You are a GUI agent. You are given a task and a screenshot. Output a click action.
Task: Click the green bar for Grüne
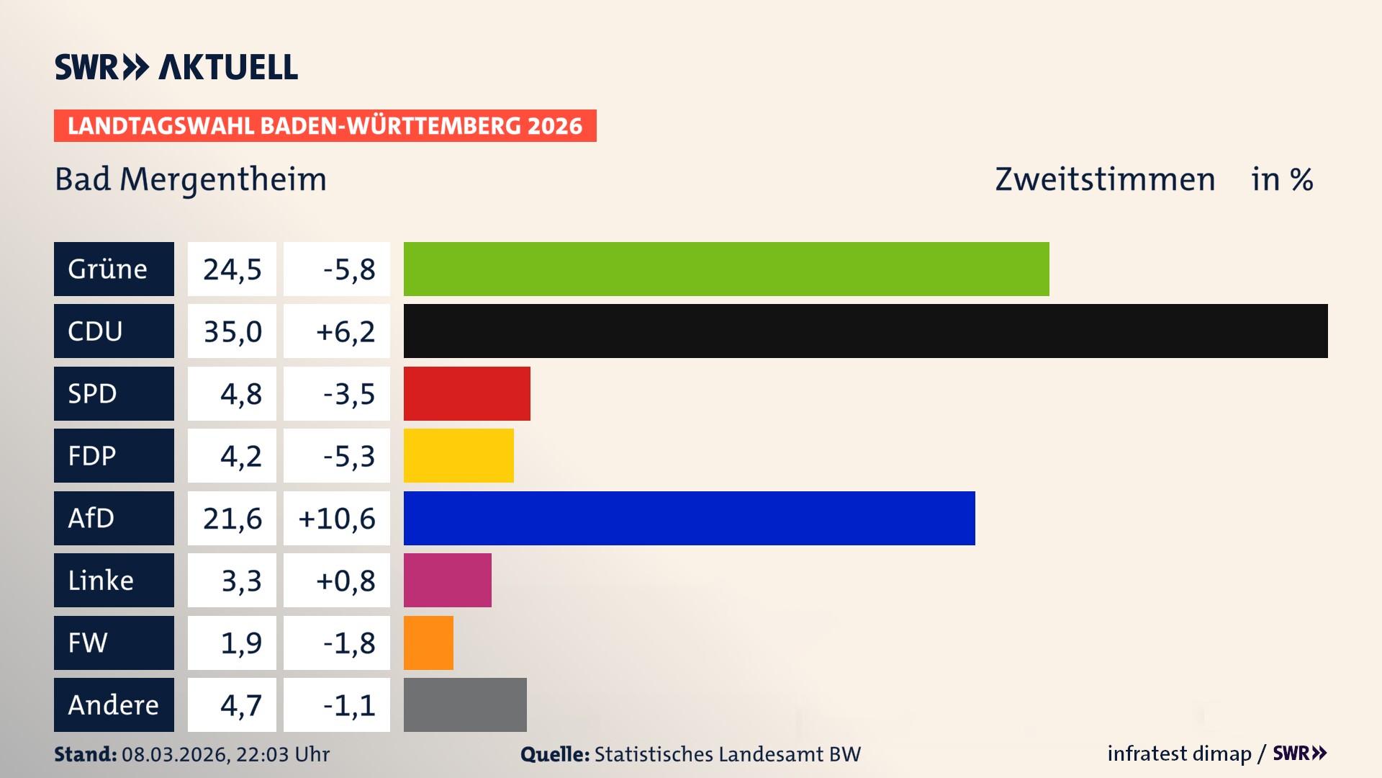[x=726, y=269]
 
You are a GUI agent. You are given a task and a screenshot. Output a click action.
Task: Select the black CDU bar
[x=865, y=331]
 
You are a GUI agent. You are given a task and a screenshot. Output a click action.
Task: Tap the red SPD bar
[x=466, y=393]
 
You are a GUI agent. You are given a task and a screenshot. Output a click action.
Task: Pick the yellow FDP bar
[x=459, y=455]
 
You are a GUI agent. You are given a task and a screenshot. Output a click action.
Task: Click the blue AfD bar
[x=689, y=518]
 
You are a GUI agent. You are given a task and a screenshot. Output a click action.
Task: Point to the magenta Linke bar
[x=447, y=580]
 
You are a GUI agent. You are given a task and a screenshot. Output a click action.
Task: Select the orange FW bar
[x=428, y=643]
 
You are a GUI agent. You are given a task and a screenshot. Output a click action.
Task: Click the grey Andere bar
[x=465, y=705]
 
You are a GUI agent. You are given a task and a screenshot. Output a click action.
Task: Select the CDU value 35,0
[x=232, y=331]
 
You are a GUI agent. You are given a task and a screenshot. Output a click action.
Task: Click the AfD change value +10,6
[x=337, y=518]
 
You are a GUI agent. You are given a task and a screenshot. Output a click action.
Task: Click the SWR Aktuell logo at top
[x=176, y=67]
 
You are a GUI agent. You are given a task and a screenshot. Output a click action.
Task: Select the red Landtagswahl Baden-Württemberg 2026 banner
[x=325, y=125]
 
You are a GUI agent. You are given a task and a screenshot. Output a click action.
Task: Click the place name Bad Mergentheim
[x=191, y=179]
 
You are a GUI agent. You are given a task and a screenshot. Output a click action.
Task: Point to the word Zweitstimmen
[x=1105, y=179]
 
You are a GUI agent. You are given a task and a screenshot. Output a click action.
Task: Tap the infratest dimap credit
[x=1179, y=754]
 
